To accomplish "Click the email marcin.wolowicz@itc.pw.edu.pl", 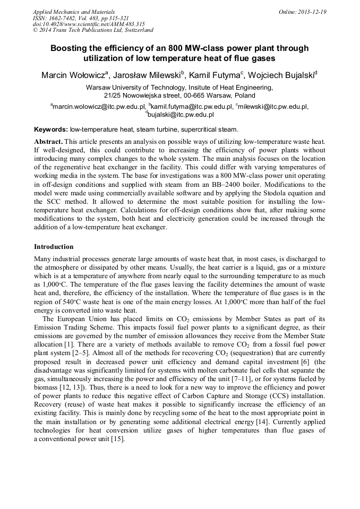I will click(x=99, y=107).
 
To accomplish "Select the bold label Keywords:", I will click(x=51, y=129).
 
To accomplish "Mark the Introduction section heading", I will click(x=54, y=247).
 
